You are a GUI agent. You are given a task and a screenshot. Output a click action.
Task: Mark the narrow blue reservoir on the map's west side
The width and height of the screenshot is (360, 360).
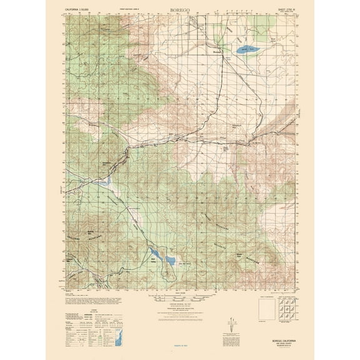(x=106, y=184)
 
